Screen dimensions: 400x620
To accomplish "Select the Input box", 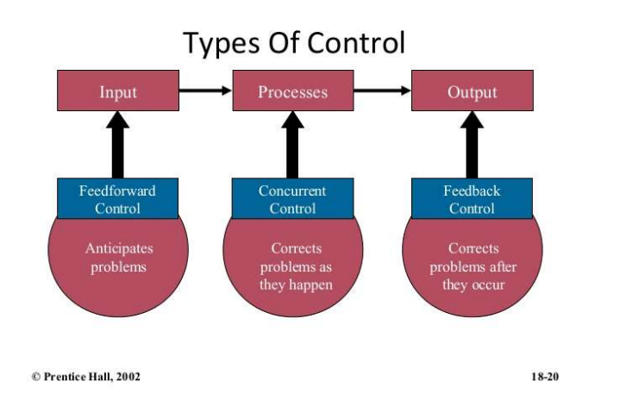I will click(x=118, y=91).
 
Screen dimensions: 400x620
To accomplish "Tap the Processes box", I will click(x=292, y=91).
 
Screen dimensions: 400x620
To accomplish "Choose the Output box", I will click(x=472, y=91).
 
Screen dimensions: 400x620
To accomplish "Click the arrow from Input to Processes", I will click(x=205, y=90).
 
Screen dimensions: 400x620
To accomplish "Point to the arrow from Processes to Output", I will click(x=382, y=90).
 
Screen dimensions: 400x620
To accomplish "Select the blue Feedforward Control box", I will click(x=118, y=199).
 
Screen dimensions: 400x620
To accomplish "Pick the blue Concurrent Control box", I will click(x=292, y=199).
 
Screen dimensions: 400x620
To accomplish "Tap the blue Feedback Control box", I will click(x=472, y=199).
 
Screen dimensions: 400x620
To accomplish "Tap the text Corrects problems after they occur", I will click(x=473, y=266).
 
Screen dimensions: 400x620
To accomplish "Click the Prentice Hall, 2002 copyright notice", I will click(x=85, y=376).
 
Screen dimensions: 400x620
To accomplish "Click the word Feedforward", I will click(x=117, y=191).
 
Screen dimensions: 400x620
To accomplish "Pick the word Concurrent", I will click(x=292, y=191).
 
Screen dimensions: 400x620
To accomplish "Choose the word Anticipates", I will click(x=119, y=248).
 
